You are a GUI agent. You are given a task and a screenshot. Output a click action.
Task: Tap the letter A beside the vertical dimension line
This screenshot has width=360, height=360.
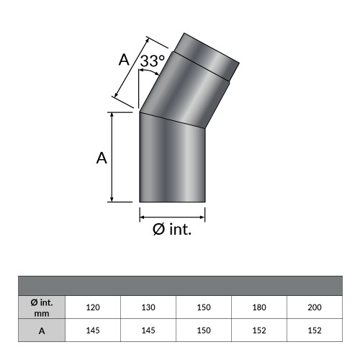pos(102,158)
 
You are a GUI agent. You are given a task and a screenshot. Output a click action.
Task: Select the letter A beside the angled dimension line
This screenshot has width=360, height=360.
pos(124,60)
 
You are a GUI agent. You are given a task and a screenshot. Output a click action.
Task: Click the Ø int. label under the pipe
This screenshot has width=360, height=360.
pos(172,230)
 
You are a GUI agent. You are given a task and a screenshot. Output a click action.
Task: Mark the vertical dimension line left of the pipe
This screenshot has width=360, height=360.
pos(112,157)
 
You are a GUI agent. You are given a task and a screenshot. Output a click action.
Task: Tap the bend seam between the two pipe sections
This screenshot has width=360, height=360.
pos(173,120)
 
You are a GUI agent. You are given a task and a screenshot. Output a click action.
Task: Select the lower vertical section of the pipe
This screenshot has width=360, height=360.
pos(173,166)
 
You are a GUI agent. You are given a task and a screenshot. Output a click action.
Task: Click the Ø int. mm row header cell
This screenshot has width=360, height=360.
pos(42,307)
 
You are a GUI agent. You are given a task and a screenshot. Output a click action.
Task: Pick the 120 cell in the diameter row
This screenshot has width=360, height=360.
pos(93,307)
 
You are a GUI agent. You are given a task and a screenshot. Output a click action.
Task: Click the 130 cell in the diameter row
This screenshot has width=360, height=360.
pos(148,307)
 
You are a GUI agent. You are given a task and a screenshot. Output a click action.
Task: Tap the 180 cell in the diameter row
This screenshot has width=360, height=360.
pos(259,307)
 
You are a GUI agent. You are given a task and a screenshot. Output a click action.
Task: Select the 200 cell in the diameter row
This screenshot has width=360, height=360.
pos(315,307)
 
